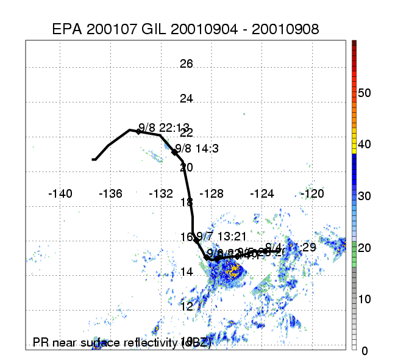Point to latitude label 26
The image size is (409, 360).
point(186,64)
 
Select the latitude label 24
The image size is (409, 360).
point(186,99)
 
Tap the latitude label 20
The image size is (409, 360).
point(186,167)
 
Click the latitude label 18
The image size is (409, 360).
point(186,202)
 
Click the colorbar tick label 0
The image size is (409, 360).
point(365,351)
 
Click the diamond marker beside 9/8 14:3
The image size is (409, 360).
point(174,153)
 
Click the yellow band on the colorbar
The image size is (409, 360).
point(354,145)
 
